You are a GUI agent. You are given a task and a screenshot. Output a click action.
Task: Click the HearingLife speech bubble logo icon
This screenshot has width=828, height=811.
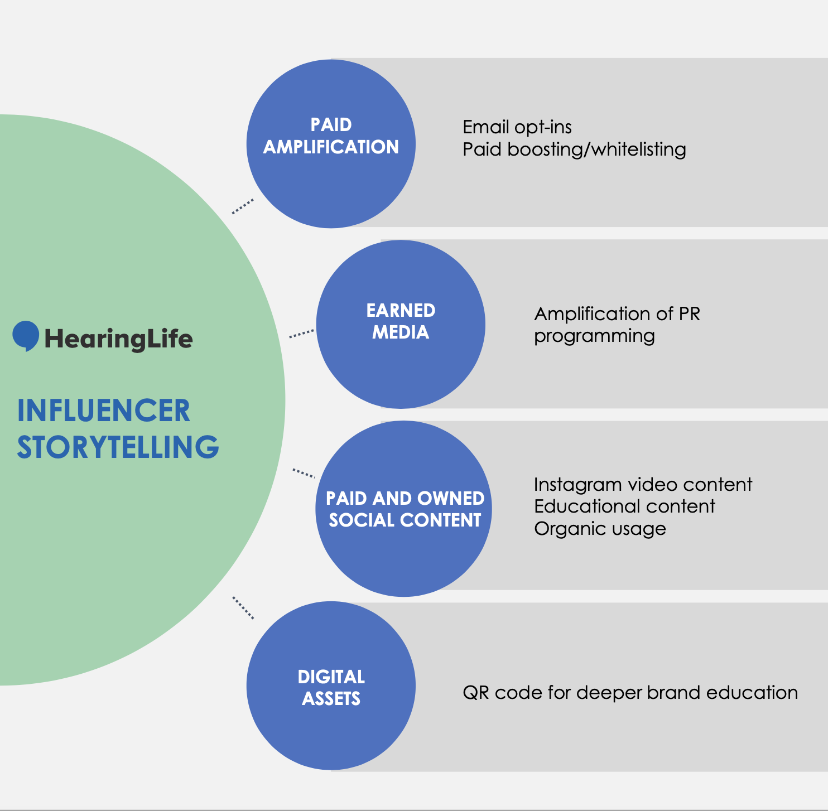26,336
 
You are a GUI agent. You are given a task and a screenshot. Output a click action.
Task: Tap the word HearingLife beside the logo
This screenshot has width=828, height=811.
118,339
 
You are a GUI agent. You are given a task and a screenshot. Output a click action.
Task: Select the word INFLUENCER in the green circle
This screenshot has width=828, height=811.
104,411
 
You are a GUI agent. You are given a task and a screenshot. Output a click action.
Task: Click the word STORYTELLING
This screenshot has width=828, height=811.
118,447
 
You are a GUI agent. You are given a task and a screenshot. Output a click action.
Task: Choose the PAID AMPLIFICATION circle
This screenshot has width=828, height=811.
331,144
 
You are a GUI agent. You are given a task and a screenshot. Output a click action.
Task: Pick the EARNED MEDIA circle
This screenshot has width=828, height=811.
401,324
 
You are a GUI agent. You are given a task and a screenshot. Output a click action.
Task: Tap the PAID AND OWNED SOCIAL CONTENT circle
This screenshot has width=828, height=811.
404,508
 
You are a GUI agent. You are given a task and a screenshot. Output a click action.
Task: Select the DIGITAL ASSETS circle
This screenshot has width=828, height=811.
331,686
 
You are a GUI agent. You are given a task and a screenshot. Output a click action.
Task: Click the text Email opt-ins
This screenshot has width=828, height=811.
517,127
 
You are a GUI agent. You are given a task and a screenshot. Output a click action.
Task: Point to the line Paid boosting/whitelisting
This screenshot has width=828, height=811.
574,149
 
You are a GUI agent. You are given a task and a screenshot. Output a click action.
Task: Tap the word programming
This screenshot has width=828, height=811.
594,336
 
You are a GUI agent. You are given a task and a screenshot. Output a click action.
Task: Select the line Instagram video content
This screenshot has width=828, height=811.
643,484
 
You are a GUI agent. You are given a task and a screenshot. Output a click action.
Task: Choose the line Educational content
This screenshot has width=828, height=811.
624,506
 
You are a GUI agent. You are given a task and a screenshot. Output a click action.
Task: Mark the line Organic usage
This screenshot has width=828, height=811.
600,529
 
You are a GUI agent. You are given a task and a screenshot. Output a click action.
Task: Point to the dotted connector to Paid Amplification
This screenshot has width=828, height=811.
243,206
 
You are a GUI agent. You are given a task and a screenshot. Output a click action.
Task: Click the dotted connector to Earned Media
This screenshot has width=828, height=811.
301,334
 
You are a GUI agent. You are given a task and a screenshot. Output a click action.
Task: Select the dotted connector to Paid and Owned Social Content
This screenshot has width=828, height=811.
304,473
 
